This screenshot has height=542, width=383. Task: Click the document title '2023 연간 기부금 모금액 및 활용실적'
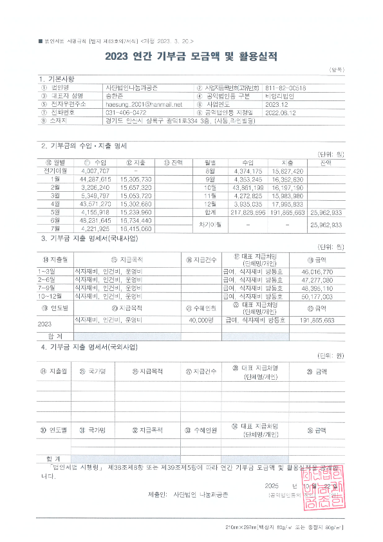tap(191, 56)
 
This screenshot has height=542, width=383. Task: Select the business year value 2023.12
tap(276, 104)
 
